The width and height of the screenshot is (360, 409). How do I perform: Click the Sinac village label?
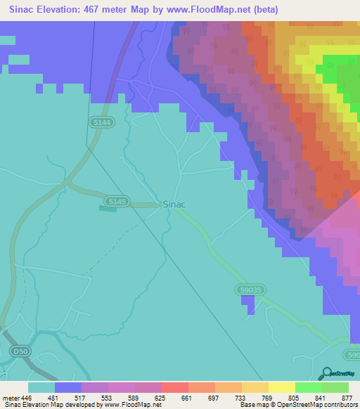pyautogui.click(x=174, y=204)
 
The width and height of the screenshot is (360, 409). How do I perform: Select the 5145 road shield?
pyautogui.click(x=117, y=202)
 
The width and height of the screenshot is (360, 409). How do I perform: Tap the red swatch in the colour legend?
pyautogui.click(x=174, y=387)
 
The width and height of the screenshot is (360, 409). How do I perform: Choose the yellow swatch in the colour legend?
pyautogui.click(x=281, y=387)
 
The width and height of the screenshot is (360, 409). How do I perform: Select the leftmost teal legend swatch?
pyautogui.click(x=41, y=387)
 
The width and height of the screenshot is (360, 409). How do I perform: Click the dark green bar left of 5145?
pyautogui.click(x=108, y=208)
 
